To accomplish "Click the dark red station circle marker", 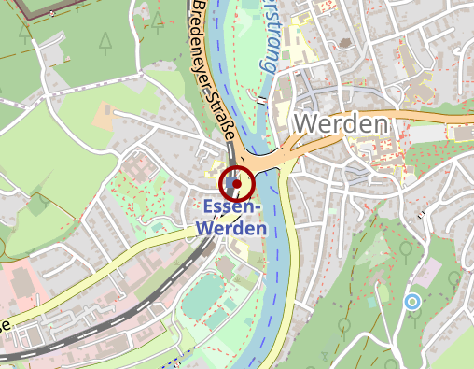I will (236, 183).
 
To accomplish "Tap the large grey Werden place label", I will (341, 124).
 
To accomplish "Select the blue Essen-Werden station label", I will (233, 217).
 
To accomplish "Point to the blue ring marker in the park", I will (411, 301).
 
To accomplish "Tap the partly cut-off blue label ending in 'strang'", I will (266, 37).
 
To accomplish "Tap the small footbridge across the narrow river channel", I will (264, 101).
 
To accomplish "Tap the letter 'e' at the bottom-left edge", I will (4, 324).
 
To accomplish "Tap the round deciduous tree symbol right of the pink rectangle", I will (454, 277).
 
